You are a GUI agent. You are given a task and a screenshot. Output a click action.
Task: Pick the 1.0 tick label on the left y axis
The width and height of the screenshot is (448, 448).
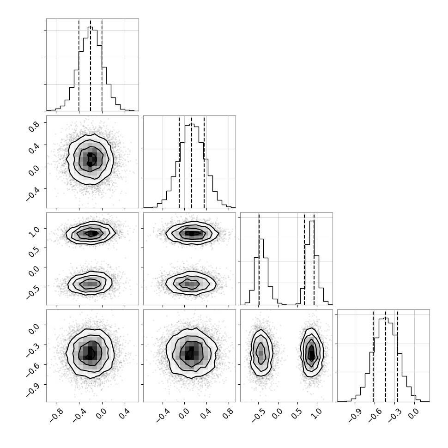(34, 231)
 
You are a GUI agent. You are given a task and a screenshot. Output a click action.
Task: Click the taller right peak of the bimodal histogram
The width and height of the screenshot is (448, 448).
(312, 221)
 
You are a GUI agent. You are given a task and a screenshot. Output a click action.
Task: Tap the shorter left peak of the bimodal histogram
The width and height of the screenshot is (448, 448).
(261, 239)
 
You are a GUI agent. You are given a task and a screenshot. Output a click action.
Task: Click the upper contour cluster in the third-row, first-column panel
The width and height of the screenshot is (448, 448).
(91, 233)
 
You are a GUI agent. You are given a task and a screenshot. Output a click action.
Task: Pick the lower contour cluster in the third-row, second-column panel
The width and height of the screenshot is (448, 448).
(191, 284)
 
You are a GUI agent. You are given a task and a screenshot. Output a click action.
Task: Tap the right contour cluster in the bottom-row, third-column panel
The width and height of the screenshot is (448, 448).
(312, 352)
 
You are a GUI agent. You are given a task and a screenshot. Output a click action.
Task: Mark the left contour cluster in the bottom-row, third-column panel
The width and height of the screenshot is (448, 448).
(261, 352)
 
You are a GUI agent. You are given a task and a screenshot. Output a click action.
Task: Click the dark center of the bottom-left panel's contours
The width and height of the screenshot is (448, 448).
(90, 353)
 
